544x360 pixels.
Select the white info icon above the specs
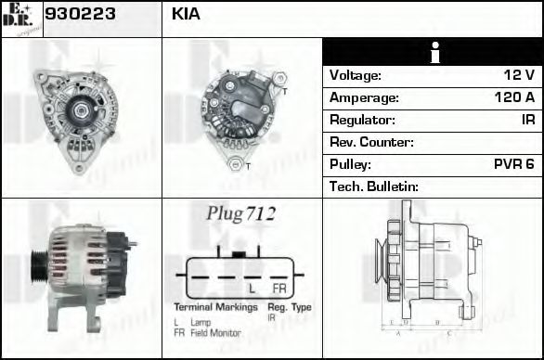point(434,53)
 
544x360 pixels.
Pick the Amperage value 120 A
point(514,97)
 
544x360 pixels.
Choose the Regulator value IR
point(527,120)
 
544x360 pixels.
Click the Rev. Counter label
point(371,142)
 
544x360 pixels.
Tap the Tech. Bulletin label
point(374,186)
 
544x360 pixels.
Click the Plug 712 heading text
point(240,213)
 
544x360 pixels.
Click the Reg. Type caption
point(290,306)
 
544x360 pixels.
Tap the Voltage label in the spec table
point(356,75)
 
